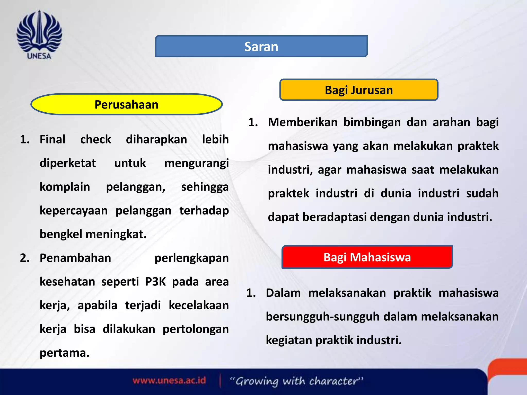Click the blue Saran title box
point(261,47)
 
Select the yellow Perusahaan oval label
point(126,104)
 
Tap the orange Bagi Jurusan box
point(359,90)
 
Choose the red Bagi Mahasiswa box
point(367,257)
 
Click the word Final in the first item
point(52,140)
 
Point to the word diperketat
point(68,163)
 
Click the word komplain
point(65,187)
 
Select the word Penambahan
point(75,258)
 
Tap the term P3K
point(155,282)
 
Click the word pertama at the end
point(64,353)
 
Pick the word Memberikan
point(303,122)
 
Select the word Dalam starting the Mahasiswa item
point(283,293)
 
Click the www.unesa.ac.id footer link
point(169,381)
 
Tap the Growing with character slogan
point(296,381)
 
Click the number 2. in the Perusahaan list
point(25,258)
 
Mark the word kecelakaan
point(199,306)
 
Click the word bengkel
point(61,234)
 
